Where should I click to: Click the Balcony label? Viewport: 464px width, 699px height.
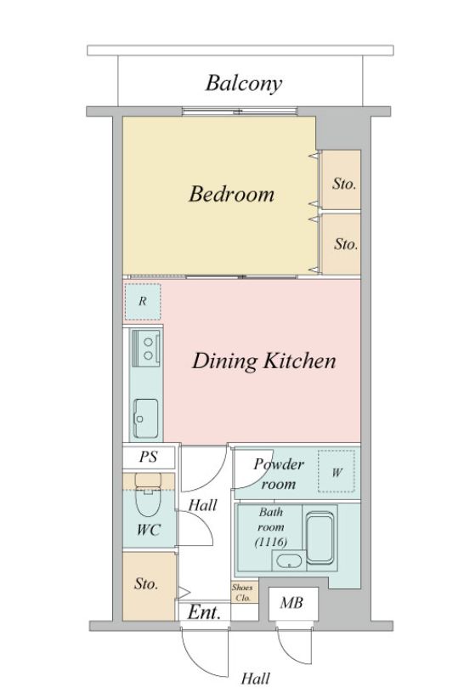[244, 83]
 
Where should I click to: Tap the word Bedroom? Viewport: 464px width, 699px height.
[231, 194]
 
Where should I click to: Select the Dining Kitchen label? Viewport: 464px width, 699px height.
[263, 361]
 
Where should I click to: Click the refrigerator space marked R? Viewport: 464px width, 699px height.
[143, 302]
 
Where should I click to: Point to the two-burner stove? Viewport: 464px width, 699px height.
[146, 348]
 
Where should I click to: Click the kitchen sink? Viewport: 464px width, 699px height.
[145, 418]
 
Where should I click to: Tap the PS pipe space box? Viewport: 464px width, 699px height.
[149, 457]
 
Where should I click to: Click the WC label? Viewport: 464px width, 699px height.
[149, 530]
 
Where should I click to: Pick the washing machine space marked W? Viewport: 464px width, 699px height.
[337, 472]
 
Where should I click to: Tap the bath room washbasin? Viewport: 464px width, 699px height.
[289, 560]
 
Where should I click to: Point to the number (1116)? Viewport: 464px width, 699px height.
[271, 542]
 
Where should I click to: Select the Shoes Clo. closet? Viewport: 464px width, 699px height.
[244, 593]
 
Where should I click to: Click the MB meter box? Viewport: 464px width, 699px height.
[293, 603]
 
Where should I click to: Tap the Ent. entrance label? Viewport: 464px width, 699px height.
[204, 612]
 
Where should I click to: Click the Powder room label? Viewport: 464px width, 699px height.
[279, 474]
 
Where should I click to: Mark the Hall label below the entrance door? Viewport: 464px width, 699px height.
[256, 679]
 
